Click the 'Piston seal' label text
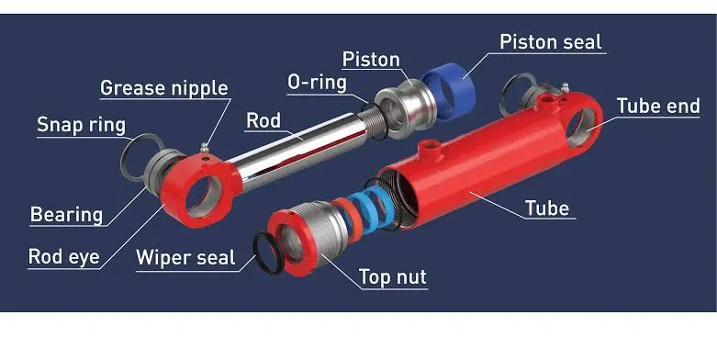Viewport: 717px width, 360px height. pyautogui.click(x=550, y=42)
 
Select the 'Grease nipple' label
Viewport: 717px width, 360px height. pyautogui.click(x=163, y=87)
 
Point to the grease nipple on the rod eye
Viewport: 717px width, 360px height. pyautogui.click(x=204, y=148)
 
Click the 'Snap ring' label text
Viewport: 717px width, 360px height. pyautogui.click(x=81, y=124)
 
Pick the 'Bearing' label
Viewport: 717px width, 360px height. pyautogui.click(x=66, y=215)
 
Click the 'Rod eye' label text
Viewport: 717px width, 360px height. pyautogui.click(x=63, y=256)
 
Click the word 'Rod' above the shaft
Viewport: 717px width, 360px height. pyautogui.click(x=263, y=120)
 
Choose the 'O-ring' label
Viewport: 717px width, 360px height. pyautogui.click(x=317, y=84)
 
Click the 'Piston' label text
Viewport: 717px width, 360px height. pyautogui.click(x=371, y=60)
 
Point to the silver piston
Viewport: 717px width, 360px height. pyautogui.click(x=405, y=109)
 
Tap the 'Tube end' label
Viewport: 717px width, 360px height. pyautogui.click(x=658, y=107)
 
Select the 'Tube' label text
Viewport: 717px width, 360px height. pyautogui.click(x=547, y=208)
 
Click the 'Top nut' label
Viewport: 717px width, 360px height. pyautogui.click(x=393, y=277)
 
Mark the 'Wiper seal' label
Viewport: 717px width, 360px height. pyautogui.click(x=185, y=257)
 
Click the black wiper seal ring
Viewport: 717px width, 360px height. pyautogui.click(x=267, y=253)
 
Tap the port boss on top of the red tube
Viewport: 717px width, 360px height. pyautogui.click(x=430, y=150)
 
